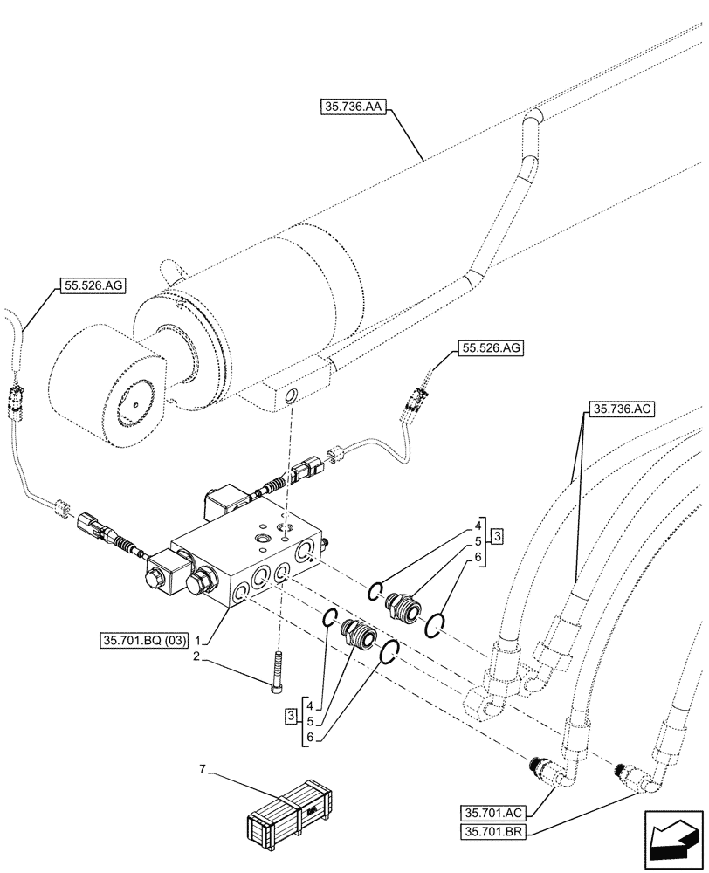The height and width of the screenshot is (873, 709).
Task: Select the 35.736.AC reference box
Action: (x=623, y=409)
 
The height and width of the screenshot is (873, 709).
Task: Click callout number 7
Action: (x=203, y=769)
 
